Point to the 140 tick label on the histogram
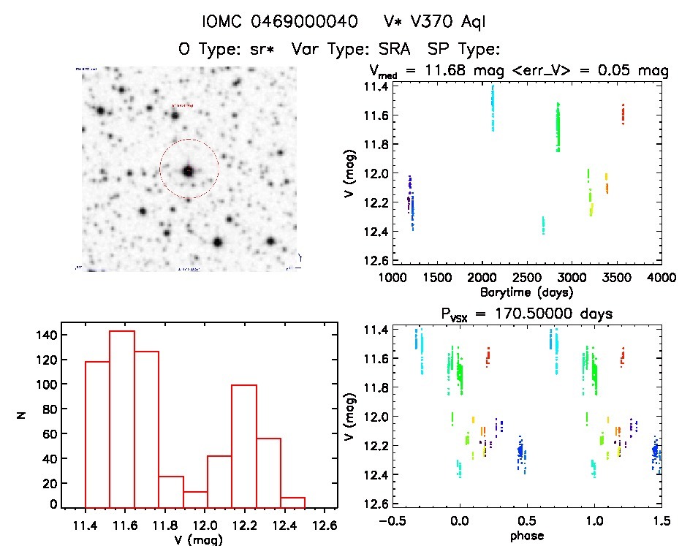tap(45, 335)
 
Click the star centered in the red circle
tap(189, 171)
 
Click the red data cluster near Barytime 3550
tap(623, 114)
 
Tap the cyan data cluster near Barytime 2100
tap(493, 107)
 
